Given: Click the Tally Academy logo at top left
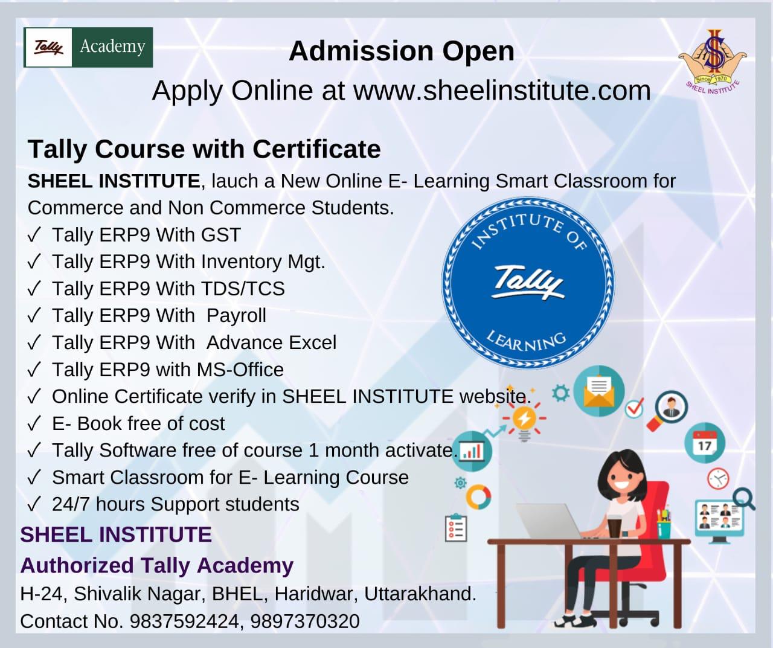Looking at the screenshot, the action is [x=88, y=47].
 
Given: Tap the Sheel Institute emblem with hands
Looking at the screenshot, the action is [x=712, y=61].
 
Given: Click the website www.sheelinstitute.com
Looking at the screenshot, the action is [x=502, y=91].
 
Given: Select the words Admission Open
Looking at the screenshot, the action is [x=402, y=51].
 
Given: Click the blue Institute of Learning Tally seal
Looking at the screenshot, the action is [x=528, y=283].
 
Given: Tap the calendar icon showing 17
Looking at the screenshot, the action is [x=705, y=443].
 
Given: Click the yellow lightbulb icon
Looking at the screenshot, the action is [x=524, y=421].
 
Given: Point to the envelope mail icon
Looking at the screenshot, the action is [x=598, y=391].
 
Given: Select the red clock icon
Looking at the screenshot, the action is [x=718, y=478].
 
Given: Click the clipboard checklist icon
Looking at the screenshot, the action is [x=456, y=528].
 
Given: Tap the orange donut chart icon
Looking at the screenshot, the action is [x=478, y=497].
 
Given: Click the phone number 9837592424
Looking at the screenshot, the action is [x=184, y=621].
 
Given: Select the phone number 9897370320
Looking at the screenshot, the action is [x=305, y=621].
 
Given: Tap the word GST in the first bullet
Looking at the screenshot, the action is [x=220, y=235].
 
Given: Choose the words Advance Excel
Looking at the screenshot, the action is [x=271, y=342].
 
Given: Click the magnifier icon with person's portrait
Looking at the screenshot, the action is [x=667, y=410].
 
